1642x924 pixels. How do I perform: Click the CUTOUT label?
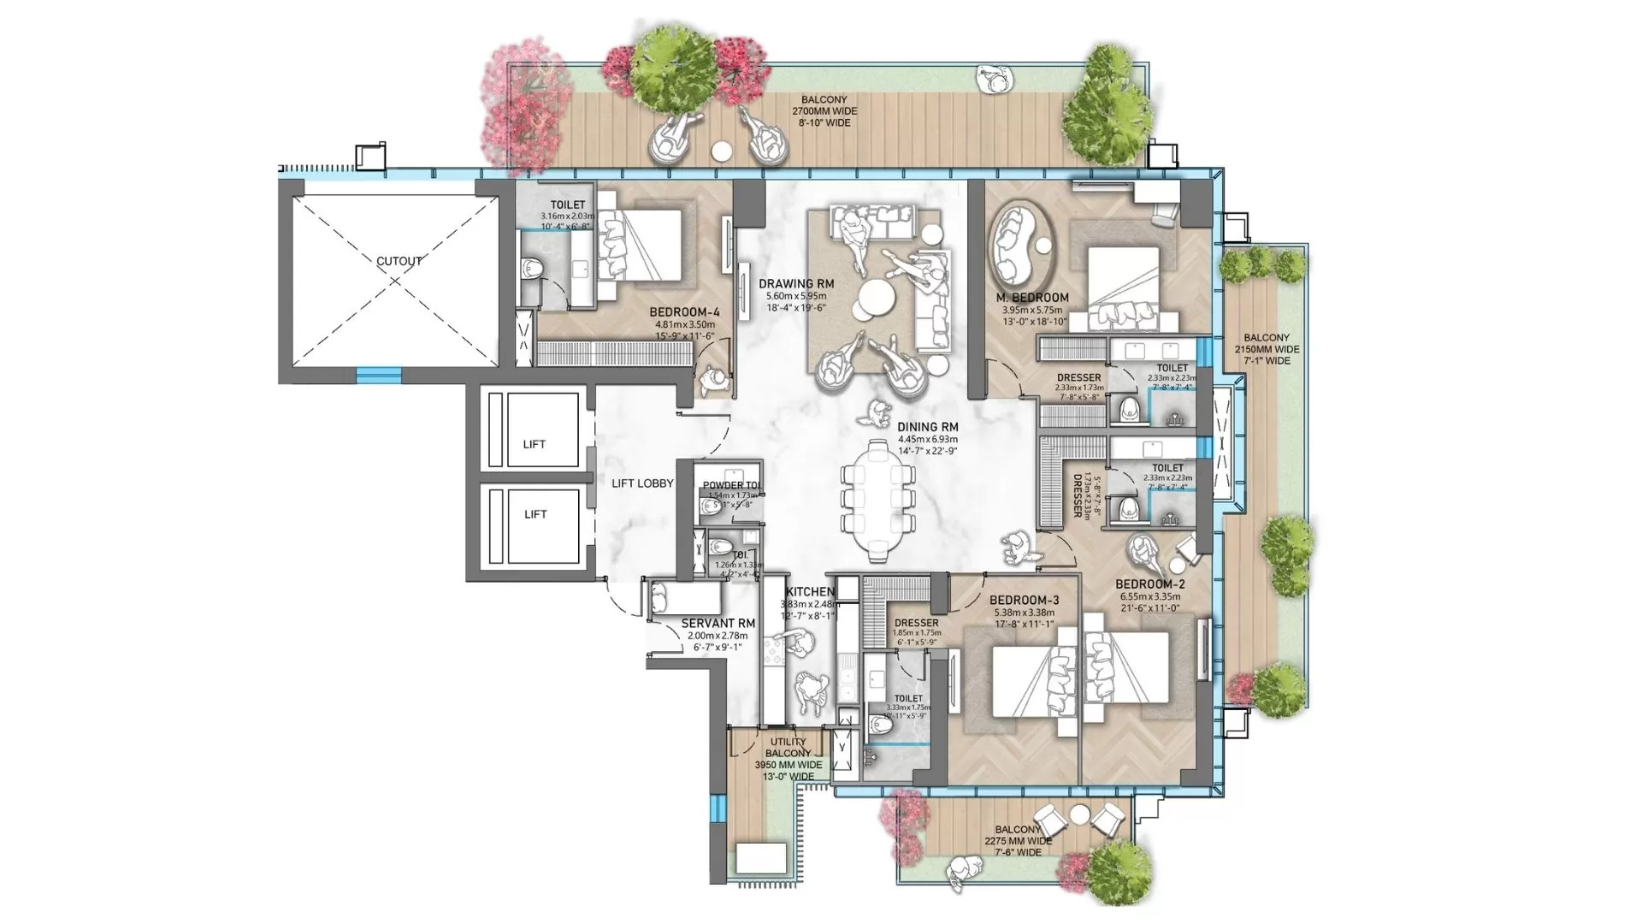(399, 261)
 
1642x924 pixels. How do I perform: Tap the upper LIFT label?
(535, 444)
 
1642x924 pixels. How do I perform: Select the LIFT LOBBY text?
(642, 483)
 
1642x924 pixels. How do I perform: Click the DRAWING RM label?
(796, 284)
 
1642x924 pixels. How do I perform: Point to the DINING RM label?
(928, 427)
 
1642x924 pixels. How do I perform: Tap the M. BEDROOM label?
(1032, 298)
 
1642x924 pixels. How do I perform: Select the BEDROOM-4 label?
(684, 312)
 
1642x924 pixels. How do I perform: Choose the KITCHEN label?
(810, 592)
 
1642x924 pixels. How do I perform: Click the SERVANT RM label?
(718, 624)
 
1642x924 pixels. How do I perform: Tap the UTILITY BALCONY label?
(789, 748)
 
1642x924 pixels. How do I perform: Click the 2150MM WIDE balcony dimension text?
(1267, 349)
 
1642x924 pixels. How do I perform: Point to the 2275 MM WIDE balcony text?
(1018, 841)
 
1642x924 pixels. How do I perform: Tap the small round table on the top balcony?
(722, 151)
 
